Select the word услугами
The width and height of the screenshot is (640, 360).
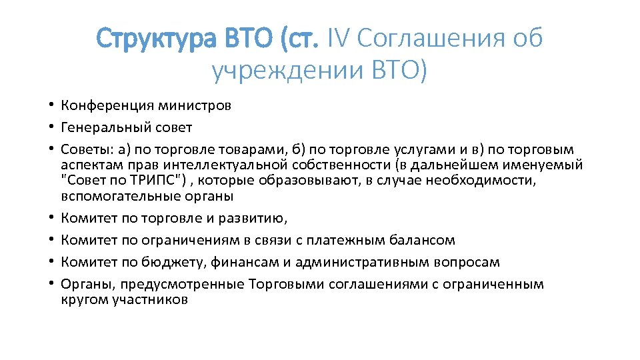point(409,149)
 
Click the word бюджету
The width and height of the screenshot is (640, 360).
point(163,262)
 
